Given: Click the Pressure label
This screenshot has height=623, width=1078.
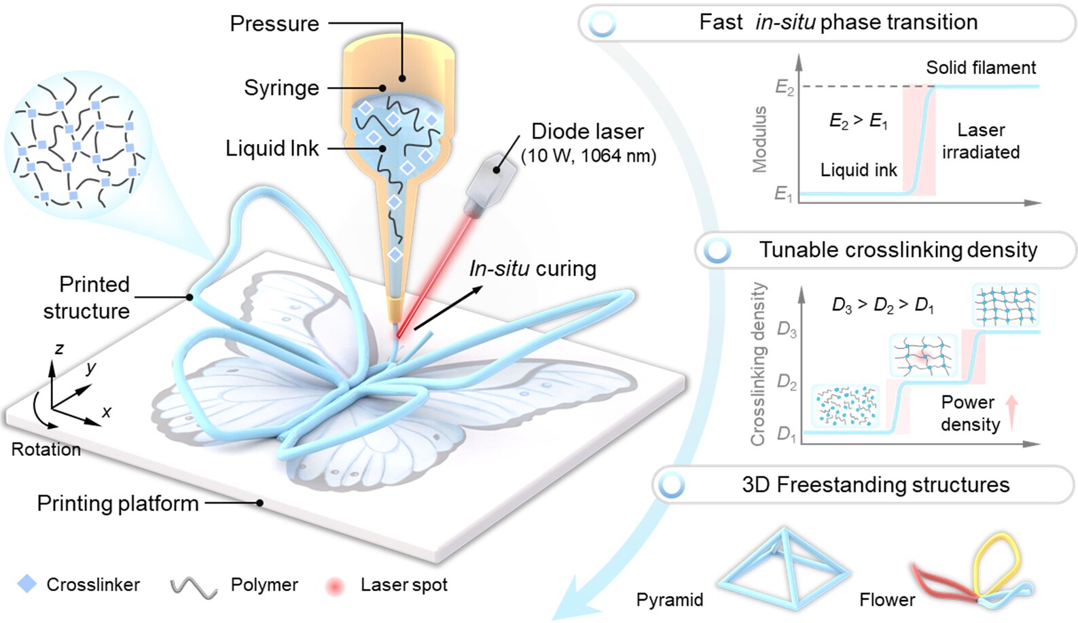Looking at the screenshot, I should pos(274,24).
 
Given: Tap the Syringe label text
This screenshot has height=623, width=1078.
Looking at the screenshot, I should pos(281,88).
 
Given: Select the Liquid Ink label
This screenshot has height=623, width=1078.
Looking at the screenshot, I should pos(272,149).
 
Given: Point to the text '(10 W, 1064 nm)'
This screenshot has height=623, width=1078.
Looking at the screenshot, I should pos(588,156).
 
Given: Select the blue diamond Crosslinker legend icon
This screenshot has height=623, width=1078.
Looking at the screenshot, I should pos(27,584).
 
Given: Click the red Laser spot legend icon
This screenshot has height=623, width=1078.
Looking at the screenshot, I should pos(335,586).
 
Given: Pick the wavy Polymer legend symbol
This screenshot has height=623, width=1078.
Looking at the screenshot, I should pos(194,587).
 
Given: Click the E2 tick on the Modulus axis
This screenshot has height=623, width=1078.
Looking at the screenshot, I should pos(785,87).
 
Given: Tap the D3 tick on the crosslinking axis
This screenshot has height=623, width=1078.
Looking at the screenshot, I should pos(787,330).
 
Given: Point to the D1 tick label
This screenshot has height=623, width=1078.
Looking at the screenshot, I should pos(786,433).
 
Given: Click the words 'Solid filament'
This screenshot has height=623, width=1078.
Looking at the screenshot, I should pos(981,68).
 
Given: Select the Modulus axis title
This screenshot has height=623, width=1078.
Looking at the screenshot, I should pos(759,139).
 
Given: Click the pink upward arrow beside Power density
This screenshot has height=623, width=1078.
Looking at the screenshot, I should pos(1011,413).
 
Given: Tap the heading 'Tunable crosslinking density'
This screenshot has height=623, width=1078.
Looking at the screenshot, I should pos(898,250).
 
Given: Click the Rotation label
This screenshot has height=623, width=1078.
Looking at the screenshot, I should pos(46,450).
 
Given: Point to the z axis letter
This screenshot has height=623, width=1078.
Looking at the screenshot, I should pos(59,349).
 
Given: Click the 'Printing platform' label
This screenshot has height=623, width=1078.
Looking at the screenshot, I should pos(118,503).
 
